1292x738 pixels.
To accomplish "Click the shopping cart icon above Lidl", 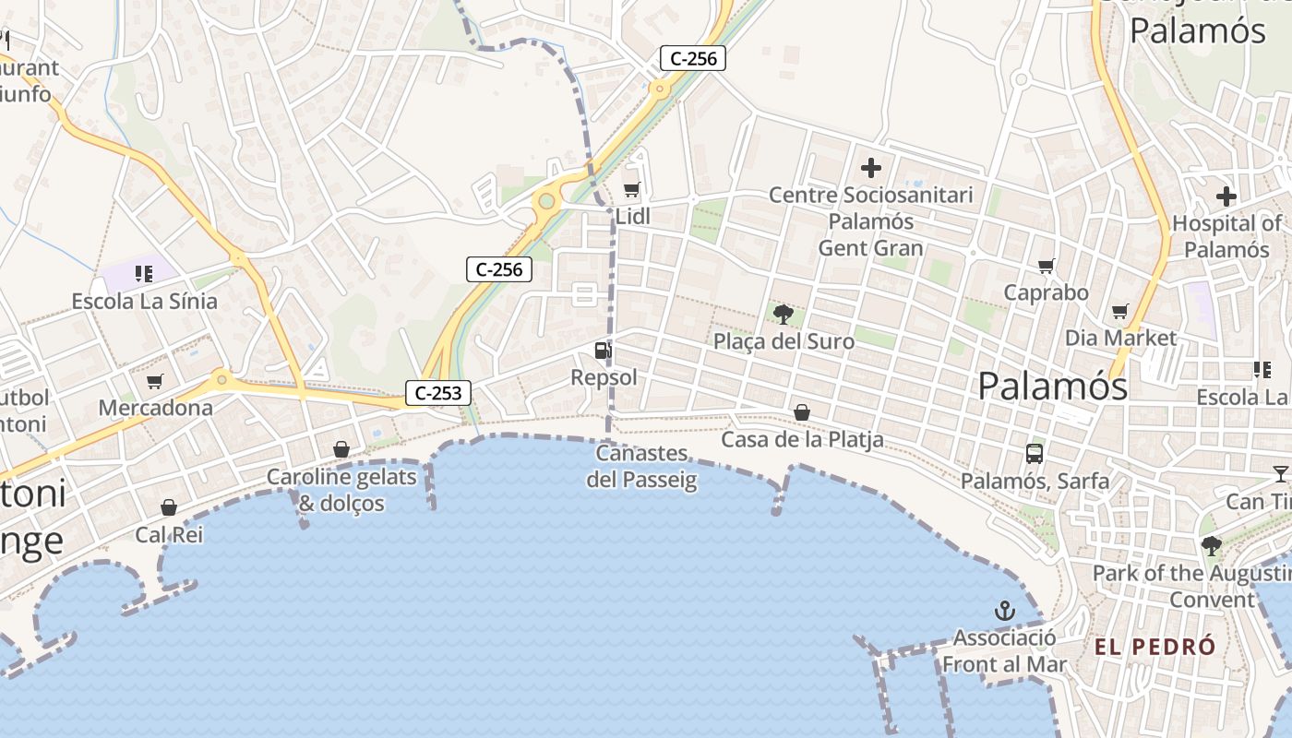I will (x=632, y=190).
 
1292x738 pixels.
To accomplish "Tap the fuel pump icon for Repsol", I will (x=603, y=350).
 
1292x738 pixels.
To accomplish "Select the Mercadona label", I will (x=155, y=408).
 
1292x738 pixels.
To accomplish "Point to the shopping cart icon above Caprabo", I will (x=1047, y=267).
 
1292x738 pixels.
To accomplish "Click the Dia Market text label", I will (x=1121, y=338).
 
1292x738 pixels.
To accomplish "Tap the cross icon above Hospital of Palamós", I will (x=1226, y=196).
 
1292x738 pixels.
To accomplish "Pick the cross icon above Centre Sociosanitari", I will (x=870, y=168).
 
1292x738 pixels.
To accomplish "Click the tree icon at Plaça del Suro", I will (x=784, y=315).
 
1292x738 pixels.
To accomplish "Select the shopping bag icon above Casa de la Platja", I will (x=802, y=412).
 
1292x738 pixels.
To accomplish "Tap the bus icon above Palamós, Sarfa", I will (x=1035, y=454).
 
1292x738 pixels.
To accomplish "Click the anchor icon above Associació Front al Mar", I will (x=1004, y=611).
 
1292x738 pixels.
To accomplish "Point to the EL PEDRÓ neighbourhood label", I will (x=1155, y=647).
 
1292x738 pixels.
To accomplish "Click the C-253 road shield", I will (x=438, y=393).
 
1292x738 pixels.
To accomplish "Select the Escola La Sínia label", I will (x=145, y=302).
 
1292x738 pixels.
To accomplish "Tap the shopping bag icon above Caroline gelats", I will (x=341, y=449).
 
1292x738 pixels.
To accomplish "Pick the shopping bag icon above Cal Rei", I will (x=169, y=507).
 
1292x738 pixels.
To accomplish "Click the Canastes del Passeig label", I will (x=642, y=466).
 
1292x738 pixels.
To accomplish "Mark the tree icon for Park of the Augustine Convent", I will (x=1211, y=546).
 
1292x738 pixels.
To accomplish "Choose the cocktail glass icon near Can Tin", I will (x=1280, y=474).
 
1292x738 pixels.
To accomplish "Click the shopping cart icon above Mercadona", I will (x=155, y=381).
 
